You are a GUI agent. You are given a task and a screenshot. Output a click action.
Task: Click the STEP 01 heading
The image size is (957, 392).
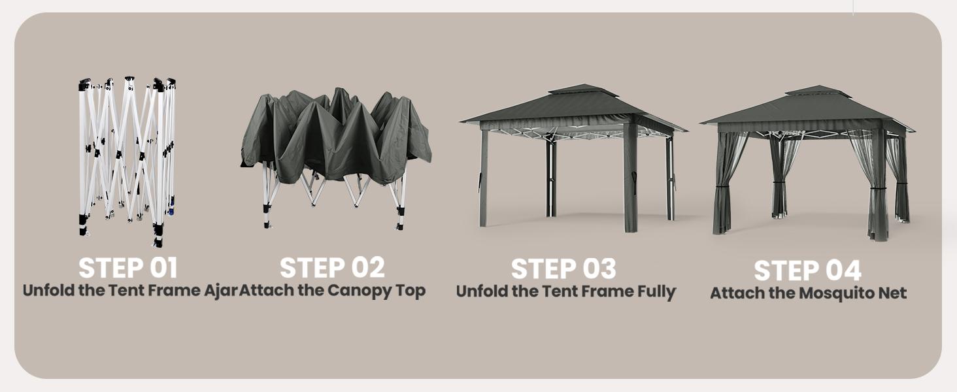tap(127, 268)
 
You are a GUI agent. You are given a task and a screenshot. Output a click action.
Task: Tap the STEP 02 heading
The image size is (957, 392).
tap(332, 268)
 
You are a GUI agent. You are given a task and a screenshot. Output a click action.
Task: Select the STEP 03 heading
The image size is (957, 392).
tap(563, 269)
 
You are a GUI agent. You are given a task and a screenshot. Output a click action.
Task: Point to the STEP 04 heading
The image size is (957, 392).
tap(807, 271)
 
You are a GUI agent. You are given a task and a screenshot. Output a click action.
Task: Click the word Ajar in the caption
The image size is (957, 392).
tap(220, 290)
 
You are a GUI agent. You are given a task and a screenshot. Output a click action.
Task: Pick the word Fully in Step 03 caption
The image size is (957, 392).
tap(656, 291)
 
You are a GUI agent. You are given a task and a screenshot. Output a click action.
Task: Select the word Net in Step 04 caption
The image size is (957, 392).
tap(892, 293)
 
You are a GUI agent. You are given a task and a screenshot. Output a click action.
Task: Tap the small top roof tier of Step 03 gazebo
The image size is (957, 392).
tap(573, 90)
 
